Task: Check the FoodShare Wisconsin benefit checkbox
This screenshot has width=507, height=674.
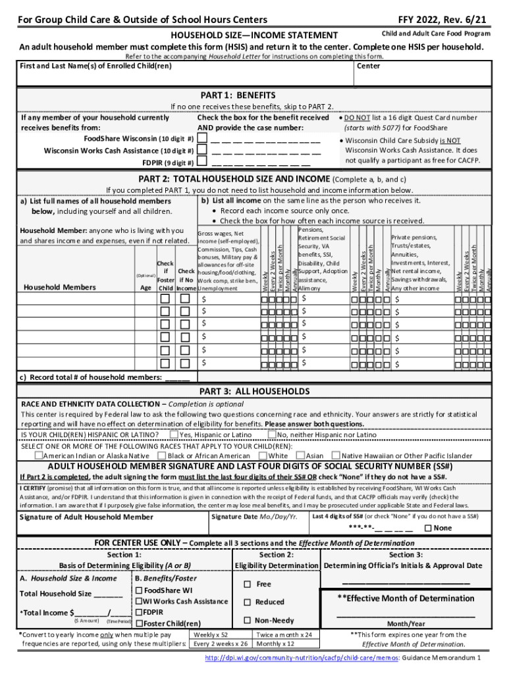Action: (x=201, y=139)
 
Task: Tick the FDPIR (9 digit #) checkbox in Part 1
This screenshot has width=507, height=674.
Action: (x=201, y=163)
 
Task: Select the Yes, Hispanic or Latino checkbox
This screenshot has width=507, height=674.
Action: (x=174, y=434)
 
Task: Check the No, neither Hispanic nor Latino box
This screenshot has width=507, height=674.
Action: (x=272, y=434)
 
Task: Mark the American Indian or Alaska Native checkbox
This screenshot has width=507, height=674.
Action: (x=38, y=455)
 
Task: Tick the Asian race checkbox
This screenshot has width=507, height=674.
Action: (x=301, y=455)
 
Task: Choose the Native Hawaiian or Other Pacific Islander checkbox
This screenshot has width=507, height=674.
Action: (x=336, y=455)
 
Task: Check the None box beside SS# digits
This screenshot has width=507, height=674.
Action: (x=429, y=528)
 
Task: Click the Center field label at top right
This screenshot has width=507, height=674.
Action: (x=368, y=66)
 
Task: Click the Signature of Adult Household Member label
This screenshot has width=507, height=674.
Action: (x=86, y=517)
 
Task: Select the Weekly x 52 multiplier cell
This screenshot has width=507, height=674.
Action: (x=211, y=635)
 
